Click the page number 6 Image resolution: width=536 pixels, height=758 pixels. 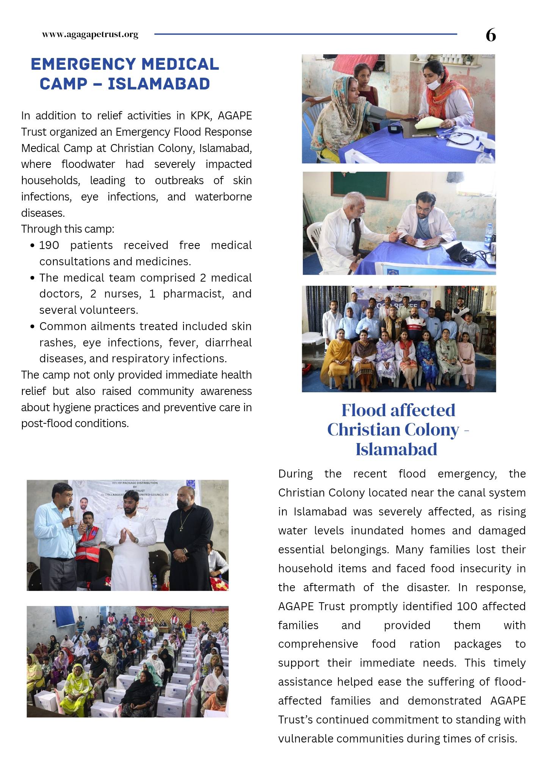491,35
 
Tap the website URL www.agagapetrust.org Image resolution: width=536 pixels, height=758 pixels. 90,34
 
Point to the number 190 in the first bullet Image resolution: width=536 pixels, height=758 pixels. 49,245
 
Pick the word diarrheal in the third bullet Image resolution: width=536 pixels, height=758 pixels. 228,342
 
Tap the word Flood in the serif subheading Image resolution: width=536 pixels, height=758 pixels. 364,410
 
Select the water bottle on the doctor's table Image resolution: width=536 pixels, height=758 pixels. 489,233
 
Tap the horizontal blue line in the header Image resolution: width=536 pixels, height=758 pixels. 305,34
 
